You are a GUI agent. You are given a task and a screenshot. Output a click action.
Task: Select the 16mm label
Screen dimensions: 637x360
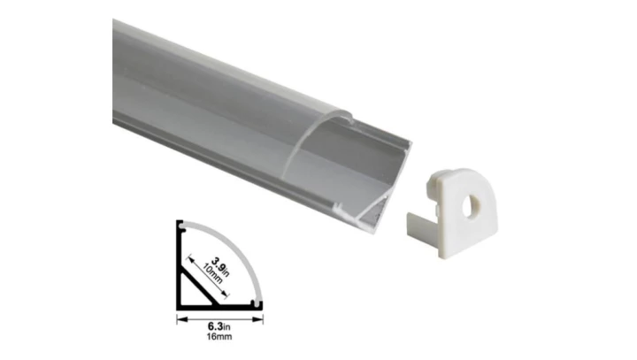click(219, 336)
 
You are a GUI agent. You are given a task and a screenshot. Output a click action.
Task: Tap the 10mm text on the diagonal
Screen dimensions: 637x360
click(212, 273)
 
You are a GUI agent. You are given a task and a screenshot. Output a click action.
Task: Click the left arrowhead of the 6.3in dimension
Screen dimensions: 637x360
click(182, 319)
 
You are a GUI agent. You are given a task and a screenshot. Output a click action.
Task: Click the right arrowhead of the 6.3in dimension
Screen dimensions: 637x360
click(257, 319)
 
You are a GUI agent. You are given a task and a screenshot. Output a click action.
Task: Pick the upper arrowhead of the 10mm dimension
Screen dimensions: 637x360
click(190, 259)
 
